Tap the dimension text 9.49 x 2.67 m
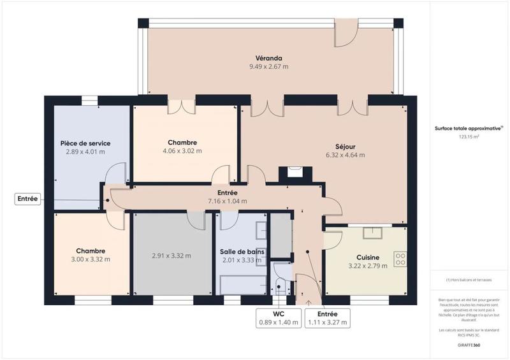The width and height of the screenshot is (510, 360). pyautogui.click(x=268, y=66)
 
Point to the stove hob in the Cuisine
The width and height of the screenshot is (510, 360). pyautogui.click(x=400, y=259)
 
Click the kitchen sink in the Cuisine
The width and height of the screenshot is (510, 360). pyautogui.click(x=372, y=233)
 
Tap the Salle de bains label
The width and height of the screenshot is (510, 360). pyautogui.click(x=242, y=251)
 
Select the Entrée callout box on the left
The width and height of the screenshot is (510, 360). pyautogui.click(x=27, y=199)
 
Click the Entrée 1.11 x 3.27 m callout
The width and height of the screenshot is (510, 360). pyautogui.click(x=326, y=318)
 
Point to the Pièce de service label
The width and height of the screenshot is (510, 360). pyautogui.click(x=85, y=143)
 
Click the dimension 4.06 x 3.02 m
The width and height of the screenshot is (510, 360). pyautogui.click(x=182, y=151)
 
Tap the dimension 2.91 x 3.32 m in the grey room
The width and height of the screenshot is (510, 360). pyautogui.click(x=171, y=256)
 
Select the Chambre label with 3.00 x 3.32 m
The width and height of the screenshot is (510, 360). pyautogui.click(x=90, y=250)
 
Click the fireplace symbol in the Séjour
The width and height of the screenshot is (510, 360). pyautogui.click(x=295, y=171)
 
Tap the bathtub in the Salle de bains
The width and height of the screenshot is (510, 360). pyautogui.click(x=242, y=284)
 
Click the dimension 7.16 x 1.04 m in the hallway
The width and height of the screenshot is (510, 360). pyautogui.click(x=228, y=201)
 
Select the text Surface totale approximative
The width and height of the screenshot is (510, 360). pyautogui.click(x=468, y=128)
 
